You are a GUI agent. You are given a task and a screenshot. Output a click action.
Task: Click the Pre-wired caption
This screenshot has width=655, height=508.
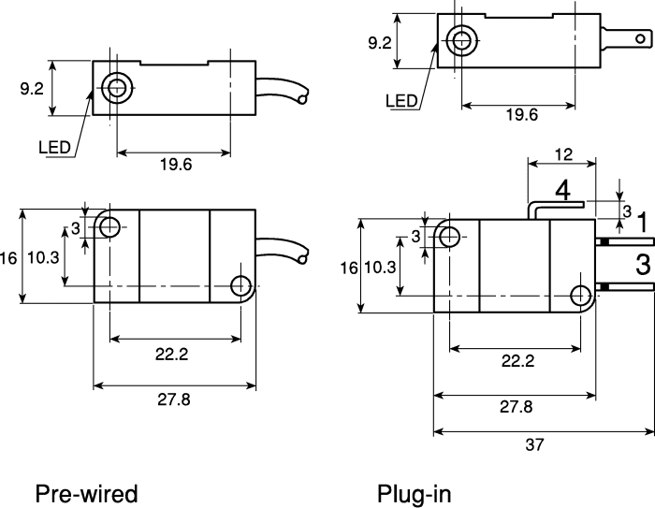pyautogui.click(x=86, y=494)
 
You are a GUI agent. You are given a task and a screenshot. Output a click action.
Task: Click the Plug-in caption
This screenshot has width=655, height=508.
pyautogui.click(x=415, y=494)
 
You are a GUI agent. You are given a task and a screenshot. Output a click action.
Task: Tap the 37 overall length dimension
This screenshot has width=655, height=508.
pyautogui.click(x=534, y=445)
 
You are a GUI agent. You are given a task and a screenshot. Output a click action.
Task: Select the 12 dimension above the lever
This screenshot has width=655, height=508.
pyautogui.click(x=563, y=154)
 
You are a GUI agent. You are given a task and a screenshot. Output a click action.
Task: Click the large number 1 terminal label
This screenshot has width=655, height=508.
pyautogui.click(x=643, y=222)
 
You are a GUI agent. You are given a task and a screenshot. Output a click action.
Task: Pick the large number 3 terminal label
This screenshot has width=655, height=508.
pyautogui.click(x=643, y=265)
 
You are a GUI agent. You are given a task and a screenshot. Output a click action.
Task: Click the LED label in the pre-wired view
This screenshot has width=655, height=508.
pyautogui.click(x=54, y=148)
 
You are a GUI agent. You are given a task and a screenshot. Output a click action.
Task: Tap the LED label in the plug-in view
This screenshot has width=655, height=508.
pyautogui.click(x=401, y=101)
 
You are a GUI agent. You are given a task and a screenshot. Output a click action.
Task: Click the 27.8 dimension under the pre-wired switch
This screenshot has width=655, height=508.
pyautogui.click(x=174, y=399)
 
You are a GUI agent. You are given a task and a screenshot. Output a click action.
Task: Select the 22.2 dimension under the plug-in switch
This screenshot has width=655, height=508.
pyautogui.click(x=518, y=361)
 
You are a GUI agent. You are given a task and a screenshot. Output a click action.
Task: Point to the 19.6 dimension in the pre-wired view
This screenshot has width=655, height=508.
pyautogui.click(x=176, y=165)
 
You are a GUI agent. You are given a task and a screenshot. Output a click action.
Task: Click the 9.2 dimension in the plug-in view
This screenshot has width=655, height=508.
pyautogui.click(x=380, y=43)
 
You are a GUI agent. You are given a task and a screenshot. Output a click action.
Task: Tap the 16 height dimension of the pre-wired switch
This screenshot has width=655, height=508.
pyautogui.click(x=7, y=258)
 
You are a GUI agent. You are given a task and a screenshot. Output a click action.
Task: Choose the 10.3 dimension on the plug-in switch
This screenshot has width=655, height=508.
pyautogui.click(x=380, y=268)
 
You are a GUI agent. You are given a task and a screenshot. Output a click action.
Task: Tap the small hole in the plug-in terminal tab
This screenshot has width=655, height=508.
pyautogui.click(x=640, y=39)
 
